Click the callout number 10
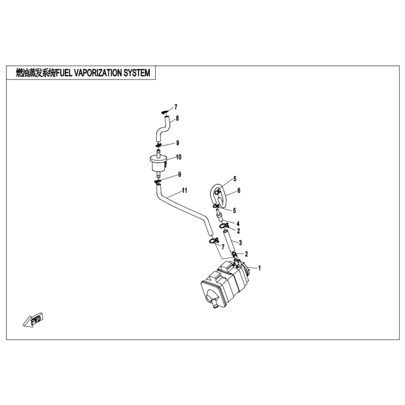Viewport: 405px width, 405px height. click(x=179, y=157)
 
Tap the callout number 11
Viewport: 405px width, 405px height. click(x=185, y=190)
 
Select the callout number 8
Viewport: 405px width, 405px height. click(x=178, y=119)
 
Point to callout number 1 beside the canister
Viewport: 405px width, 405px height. click(x=260, y=268)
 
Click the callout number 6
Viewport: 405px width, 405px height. click(x=238, y=190)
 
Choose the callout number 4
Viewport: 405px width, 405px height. click(x=238, y=223)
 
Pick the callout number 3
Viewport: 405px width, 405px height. click(x=240, y=242)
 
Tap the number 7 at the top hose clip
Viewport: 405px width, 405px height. click(x=176, y=107)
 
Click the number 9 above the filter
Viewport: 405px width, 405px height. click(x=178, y=143)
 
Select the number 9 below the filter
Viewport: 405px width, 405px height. click(x=180, y=175)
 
